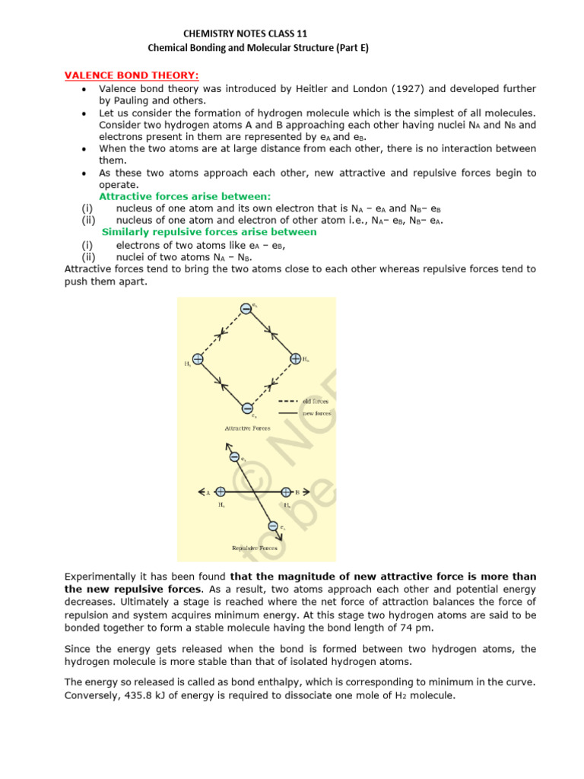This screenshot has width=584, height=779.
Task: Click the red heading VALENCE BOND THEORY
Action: tap(129, 75)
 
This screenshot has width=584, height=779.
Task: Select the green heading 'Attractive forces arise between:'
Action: tap(185, 196)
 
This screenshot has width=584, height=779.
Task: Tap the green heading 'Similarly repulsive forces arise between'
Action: tap(209, 231)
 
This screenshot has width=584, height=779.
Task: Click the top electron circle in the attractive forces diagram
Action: tap(246, 308)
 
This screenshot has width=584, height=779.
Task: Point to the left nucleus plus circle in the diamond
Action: tap(198, 359)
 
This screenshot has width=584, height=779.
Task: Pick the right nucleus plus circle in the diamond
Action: tap(295, 358)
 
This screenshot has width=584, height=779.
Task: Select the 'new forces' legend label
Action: tap(319, 413)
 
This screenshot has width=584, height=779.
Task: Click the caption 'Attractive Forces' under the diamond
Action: tap(248, 428)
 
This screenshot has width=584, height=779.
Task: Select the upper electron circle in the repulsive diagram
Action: tap(234, 457)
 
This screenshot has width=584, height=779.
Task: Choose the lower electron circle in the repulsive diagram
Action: tap(273, 525)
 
